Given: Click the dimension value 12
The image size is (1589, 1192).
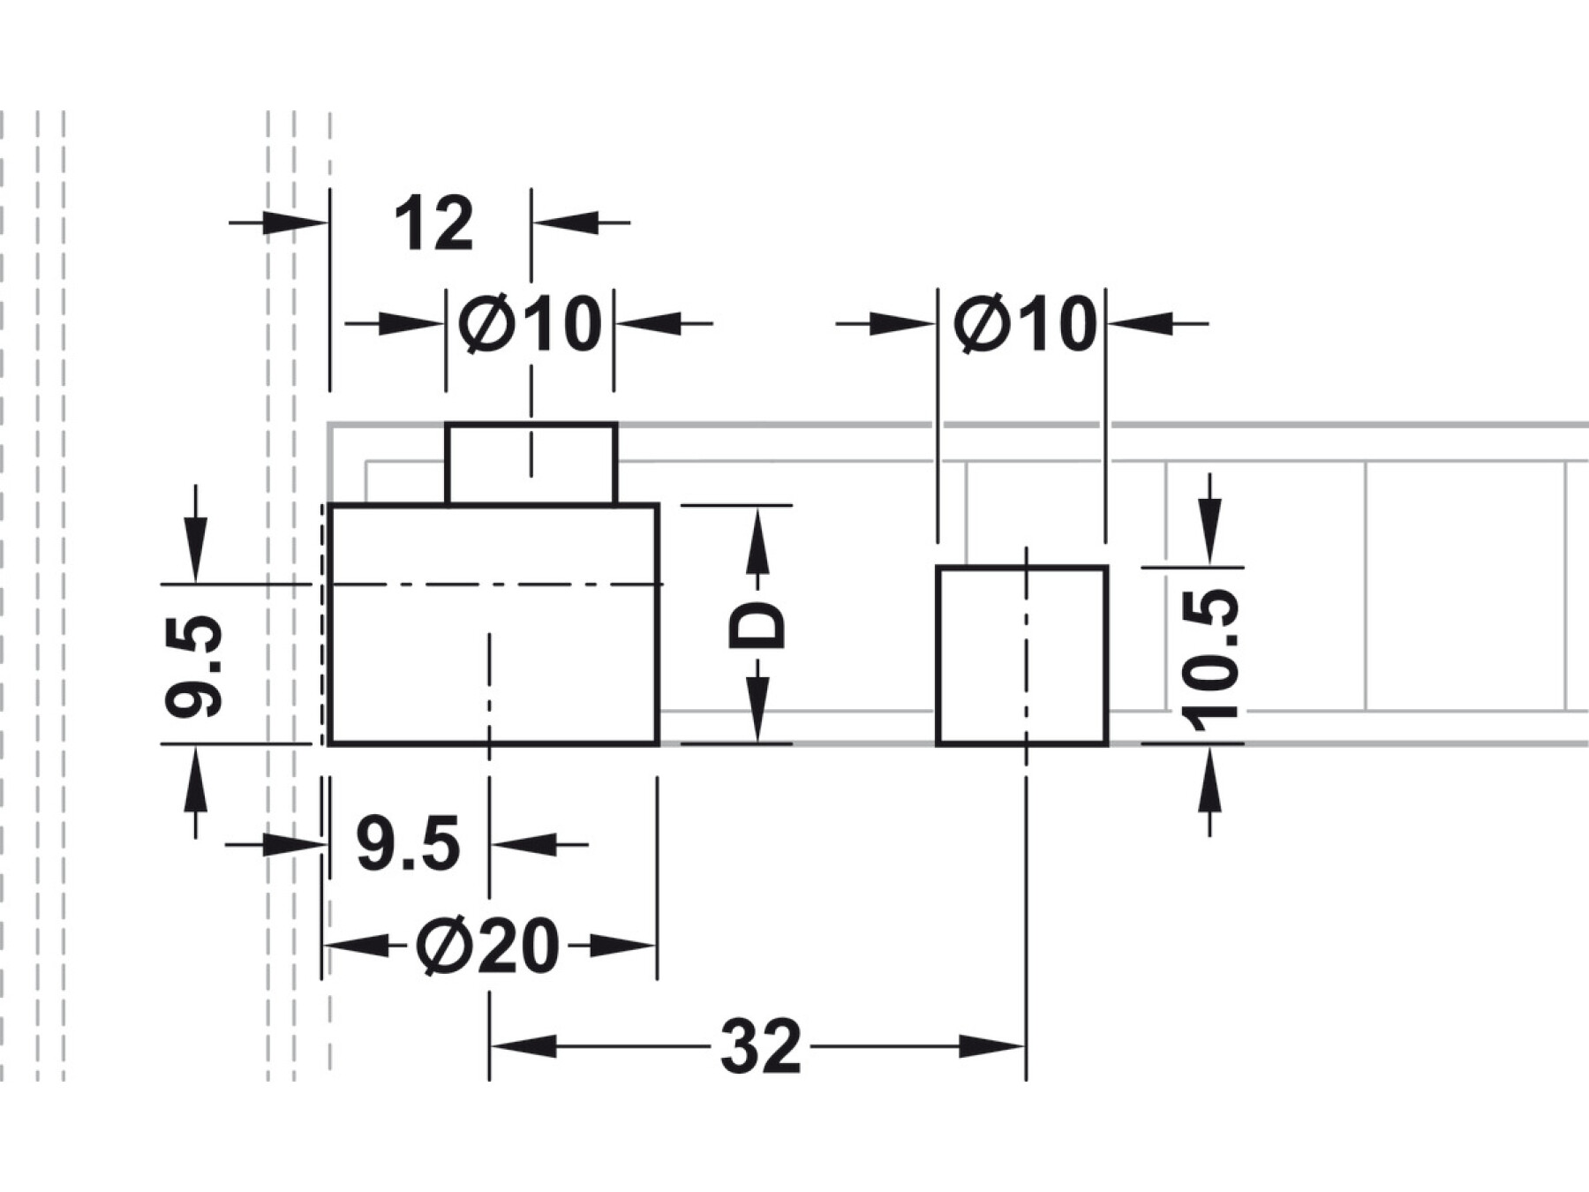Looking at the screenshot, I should [x=433, y=225].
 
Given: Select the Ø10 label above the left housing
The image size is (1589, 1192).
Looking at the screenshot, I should [x=530, y=324].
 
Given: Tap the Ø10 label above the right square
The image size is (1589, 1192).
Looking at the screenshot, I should [x=1024, y=324].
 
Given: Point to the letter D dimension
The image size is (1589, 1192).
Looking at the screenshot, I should [x=757, y=625].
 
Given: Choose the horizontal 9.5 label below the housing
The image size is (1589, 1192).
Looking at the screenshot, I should [x=408, y=845].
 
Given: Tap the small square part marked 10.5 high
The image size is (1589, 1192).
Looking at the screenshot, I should [x=1021, y=655].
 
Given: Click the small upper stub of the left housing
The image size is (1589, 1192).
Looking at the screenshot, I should [x=531, y=464].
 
